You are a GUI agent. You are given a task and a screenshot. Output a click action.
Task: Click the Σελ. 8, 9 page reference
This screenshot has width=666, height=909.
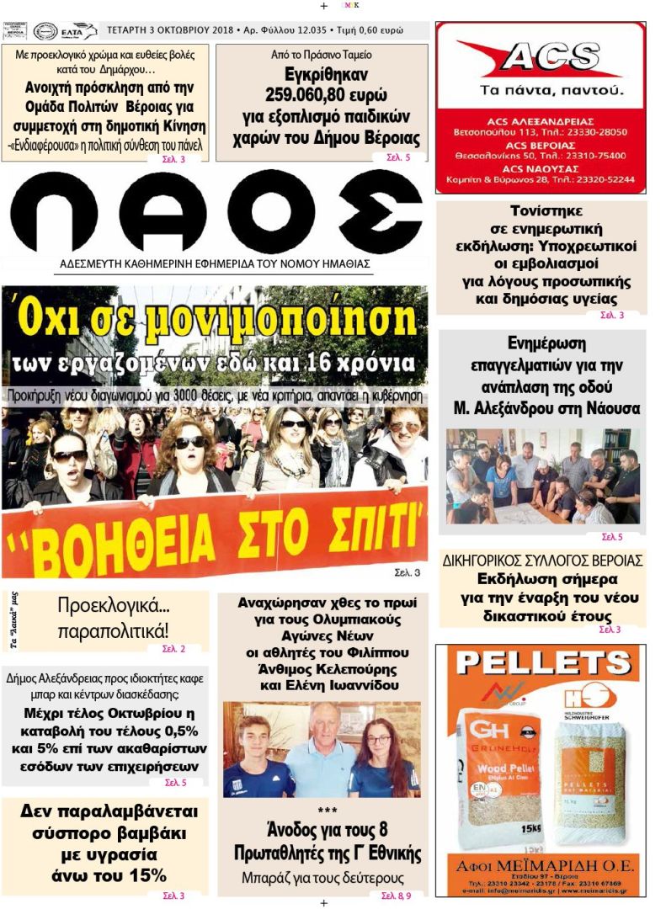click(x=396, y=895)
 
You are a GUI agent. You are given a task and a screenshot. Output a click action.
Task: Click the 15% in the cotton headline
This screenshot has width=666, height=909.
click(x=147, y=875)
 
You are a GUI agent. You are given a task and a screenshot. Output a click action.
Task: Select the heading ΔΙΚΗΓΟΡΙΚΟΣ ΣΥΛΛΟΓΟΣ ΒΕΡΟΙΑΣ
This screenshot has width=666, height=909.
click(x=542, y=561)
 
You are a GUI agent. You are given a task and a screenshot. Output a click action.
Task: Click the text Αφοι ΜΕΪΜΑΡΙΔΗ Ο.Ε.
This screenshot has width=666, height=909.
click(x=541, y=867)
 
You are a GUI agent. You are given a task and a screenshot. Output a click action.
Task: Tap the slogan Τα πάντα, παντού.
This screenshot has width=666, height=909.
click(x=540, y=89)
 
